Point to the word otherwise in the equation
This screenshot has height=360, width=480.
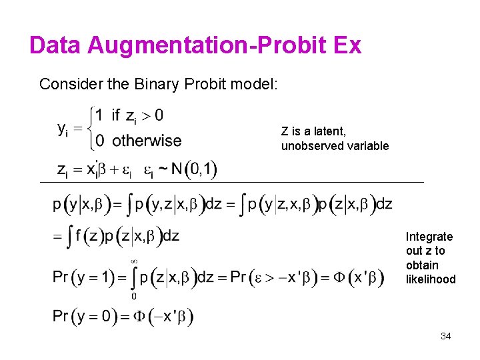pyautogui.click(x=147, y=141)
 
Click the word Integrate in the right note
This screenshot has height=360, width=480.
pyautogui.click(x=429, y=237)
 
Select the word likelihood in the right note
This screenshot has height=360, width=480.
pyautogui.click(x=431, y=279)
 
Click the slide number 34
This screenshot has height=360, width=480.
pyautogui.click(x=445, y=336)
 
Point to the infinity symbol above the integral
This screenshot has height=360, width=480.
pyautogui.click(x=133, y=261)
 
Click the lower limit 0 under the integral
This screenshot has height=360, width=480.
pyautogui.click(x=133, y=296)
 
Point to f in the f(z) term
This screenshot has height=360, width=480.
pyautogui.click(x=79, y=235)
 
